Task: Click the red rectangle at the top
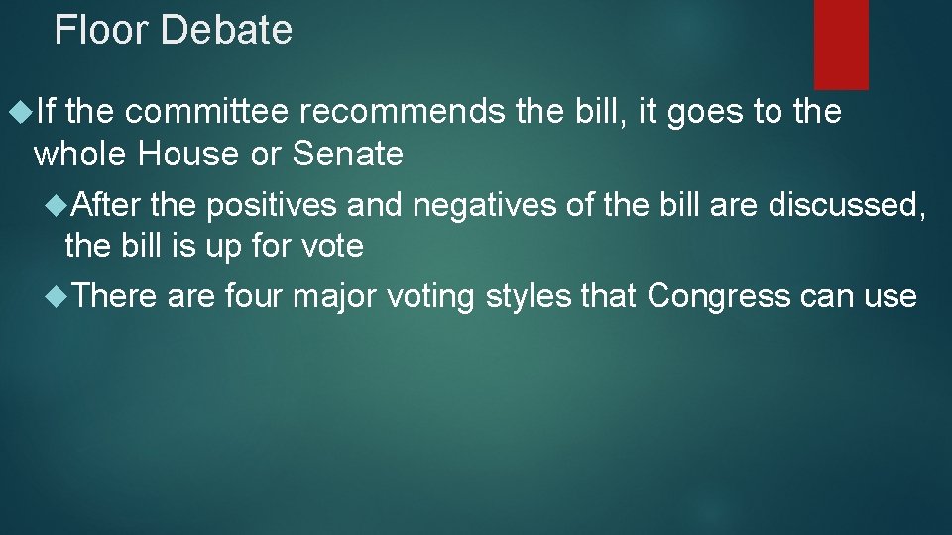click(x=841, y=44)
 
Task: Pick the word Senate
click(x=347, y=154)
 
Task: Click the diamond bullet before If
click(x=19, y=113)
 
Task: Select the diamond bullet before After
click(x=58, y=205)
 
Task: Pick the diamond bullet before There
click(x=58, y=295)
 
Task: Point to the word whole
click(x=81, y=154)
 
